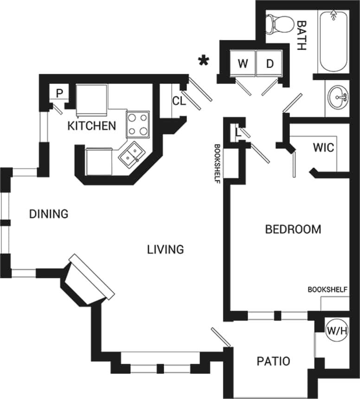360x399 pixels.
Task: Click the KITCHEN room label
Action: tap(92, 126)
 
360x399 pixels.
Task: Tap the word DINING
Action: tap(49, 214)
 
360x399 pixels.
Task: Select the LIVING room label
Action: tap(166, 249)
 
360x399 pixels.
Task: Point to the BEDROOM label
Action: tap(293, 229)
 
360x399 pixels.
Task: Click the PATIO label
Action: tap(273, 361)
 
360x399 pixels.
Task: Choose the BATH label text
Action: tap(302, 35)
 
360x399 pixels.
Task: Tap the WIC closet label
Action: tap(323, 148)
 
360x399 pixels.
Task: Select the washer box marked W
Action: tap(243, 64)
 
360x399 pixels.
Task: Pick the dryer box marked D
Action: tap(270, 64)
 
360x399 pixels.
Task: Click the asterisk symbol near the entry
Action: tap(203, 61)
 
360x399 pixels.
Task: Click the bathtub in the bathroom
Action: tap(333, 41)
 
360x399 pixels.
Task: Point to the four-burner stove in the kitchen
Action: tap(138, 124)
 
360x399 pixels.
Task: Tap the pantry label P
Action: tap(59, 93)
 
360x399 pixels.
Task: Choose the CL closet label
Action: tap(179, 101)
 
